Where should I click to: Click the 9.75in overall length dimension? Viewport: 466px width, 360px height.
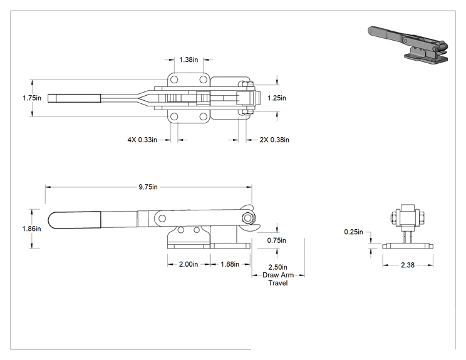148,187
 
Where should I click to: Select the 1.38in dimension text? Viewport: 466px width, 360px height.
189,59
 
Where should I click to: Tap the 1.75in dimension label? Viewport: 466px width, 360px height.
32,98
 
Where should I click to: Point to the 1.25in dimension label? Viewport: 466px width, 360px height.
277,98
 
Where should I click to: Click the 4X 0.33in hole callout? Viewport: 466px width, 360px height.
142,140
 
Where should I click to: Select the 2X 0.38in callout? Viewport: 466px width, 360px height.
274,140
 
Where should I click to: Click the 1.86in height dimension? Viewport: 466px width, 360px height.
32,229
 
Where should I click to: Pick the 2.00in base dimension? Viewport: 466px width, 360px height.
189,264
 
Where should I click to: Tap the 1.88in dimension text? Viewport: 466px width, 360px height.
230,264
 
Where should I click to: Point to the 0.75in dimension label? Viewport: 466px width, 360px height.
276,240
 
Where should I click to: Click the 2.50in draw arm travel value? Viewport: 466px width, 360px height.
278,267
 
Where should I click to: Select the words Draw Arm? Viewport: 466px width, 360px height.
278,275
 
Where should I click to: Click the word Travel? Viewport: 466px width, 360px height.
278,283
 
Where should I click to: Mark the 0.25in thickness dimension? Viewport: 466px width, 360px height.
354,232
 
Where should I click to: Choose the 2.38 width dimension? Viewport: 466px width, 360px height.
408,265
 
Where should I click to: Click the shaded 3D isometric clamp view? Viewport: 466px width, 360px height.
408,44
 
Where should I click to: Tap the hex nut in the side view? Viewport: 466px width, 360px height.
247,219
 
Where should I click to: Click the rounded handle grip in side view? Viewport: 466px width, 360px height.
75,220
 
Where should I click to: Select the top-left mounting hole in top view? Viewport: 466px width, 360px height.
174,80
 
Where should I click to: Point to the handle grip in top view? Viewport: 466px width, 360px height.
74,98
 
